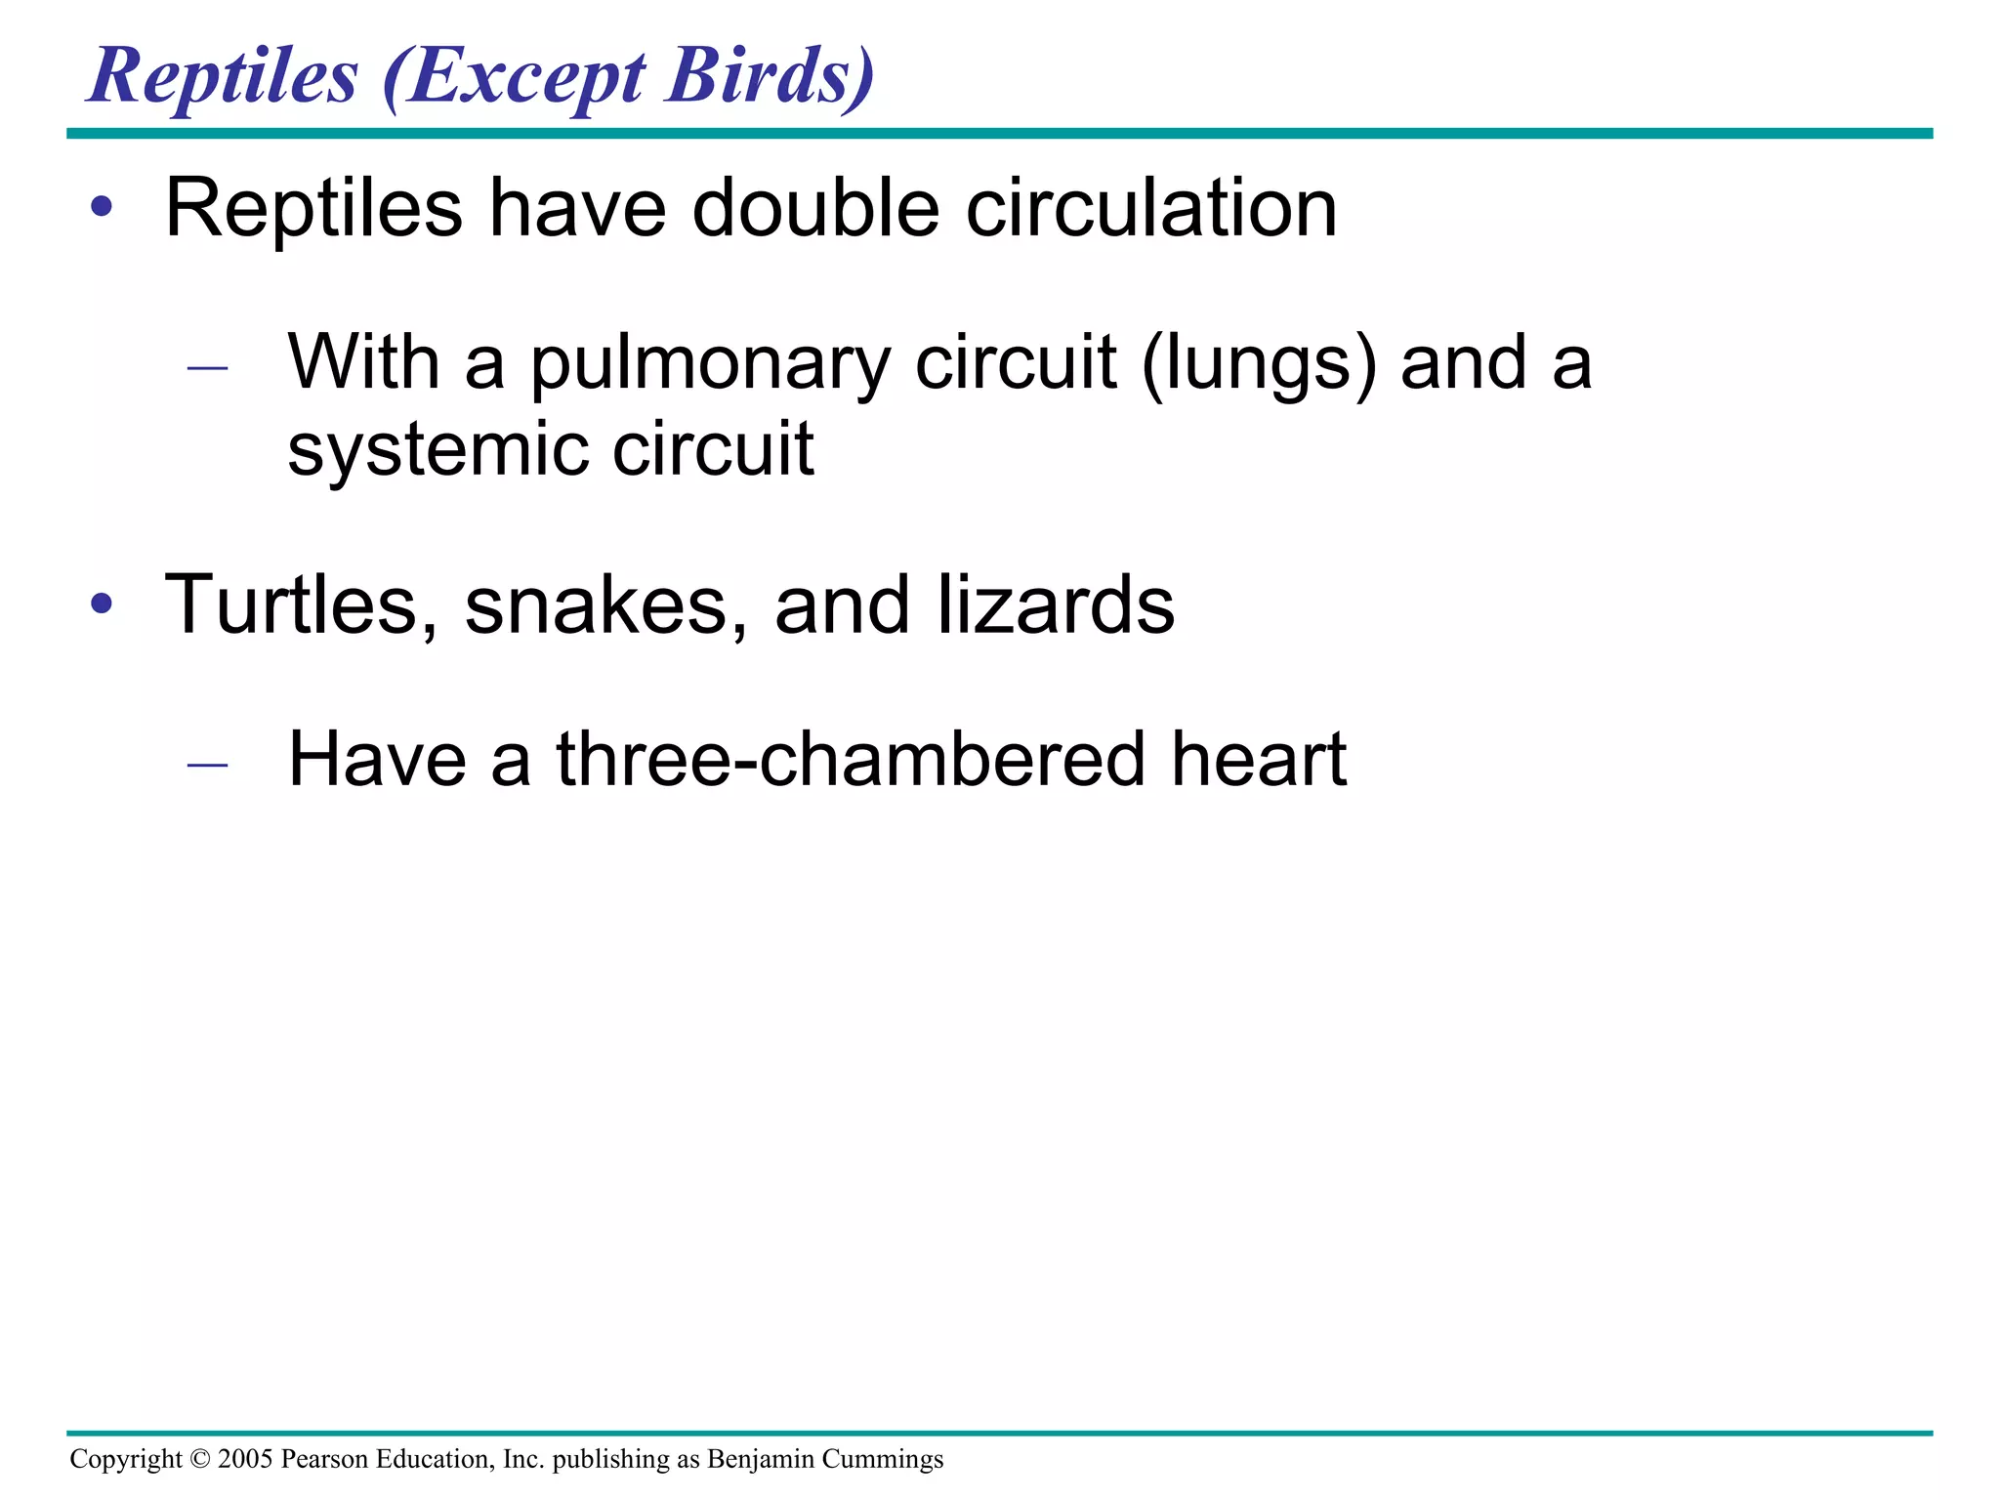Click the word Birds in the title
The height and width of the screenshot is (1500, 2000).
[771, 75]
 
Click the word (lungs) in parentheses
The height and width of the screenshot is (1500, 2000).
[1259, 364]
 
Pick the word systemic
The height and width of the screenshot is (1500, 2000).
[437, 450]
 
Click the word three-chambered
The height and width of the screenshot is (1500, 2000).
[851, 760]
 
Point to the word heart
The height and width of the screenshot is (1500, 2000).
[1259, 760]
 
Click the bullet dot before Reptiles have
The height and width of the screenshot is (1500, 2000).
[102, 208]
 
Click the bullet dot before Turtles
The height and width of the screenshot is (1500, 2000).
[102, 604]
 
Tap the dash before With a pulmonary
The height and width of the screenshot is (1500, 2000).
[207, 368]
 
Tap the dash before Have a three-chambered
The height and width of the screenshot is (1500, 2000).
[207, 765]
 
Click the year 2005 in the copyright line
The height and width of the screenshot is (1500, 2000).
[245, 1459]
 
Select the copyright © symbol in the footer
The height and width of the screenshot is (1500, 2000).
[200, 1459]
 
